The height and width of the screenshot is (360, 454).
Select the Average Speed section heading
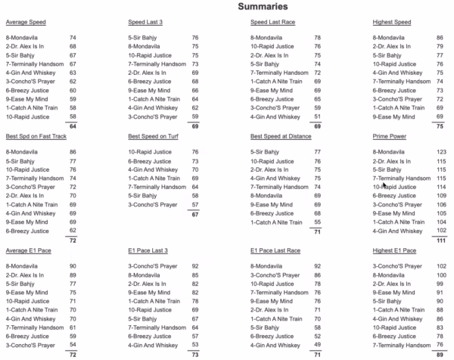[26, 23]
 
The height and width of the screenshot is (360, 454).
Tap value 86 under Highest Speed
[439, 37]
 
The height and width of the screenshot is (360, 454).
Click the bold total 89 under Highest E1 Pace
[439, 353]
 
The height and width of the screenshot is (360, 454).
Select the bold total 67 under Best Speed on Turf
[194, 214]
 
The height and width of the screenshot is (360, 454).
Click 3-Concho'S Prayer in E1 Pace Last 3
[152, 266]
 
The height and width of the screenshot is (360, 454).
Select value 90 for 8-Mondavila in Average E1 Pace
[73, 266]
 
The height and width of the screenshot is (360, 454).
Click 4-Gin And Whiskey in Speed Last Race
[274, 116]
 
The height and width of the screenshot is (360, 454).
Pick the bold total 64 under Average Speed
[73, 126]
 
